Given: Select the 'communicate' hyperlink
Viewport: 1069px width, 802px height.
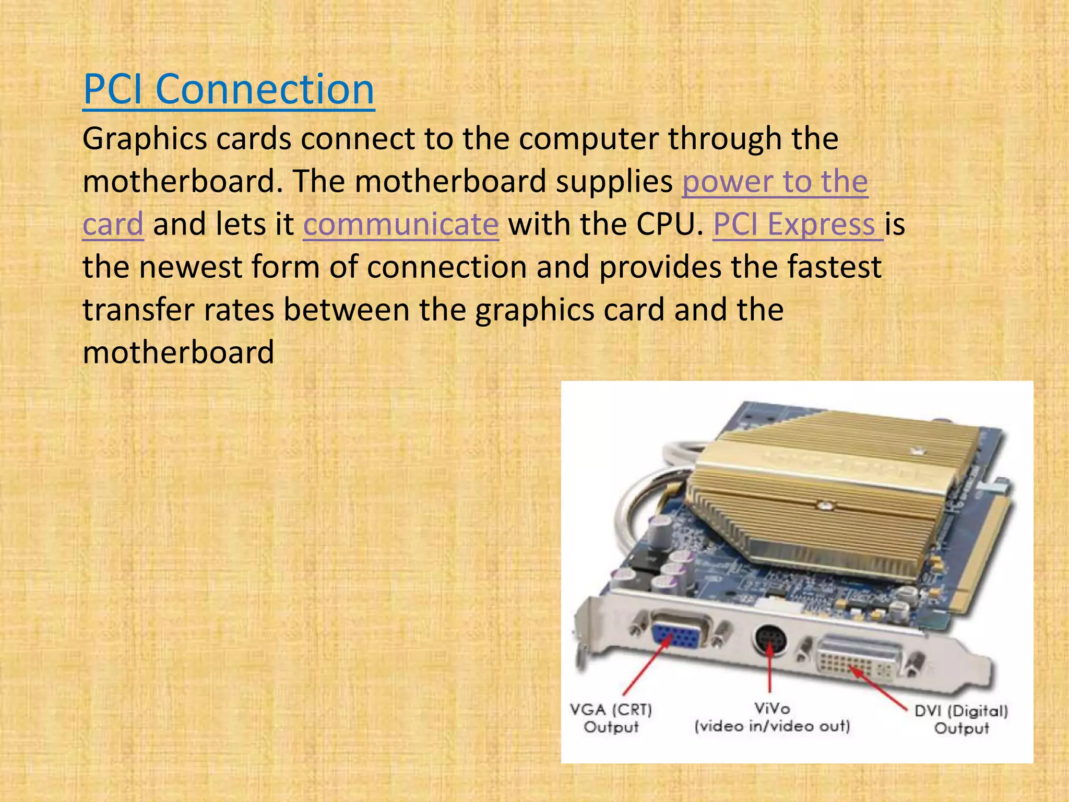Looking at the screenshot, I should coord(401,225).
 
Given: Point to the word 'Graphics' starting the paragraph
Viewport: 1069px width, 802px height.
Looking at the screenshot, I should coord(145,139).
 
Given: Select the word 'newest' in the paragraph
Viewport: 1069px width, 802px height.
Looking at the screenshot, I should coord(190,267).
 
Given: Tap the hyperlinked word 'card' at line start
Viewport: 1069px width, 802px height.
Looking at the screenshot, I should coord(113,225).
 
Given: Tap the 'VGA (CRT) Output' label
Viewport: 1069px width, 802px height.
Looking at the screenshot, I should coord(611,718).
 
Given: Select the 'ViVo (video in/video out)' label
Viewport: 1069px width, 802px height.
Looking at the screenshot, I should coord(772,717).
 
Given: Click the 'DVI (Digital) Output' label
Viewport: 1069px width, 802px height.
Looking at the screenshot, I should coord(961,720).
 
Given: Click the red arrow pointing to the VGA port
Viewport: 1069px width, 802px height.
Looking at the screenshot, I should coord(645,668).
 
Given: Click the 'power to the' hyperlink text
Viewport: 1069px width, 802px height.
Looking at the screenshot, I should coord(775,182).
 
